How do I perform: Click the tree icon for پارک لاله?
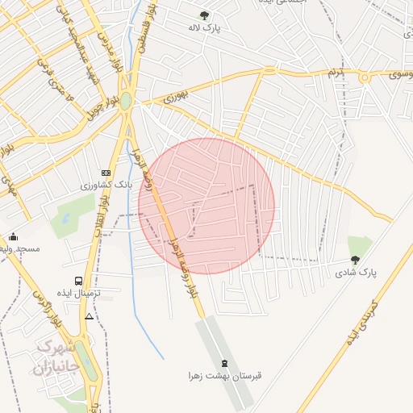point(204,15)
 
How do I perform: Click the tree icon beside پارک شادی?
point(355,260)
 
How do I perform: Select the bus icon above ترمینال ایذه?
point(78,281)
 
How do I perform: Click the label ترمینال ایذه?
point(78,293)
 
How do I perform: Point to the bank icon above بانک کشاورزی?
point(106,173)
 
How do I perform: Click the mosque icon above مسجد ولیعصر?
point(13,237)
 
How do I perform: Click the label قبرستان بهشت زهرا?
point(226,376)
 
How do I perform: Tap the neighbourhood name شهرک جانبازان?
point(54,358)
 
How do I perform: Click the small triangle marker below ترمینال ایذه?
point(89,315)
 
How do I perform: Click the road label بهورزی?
point(174,98)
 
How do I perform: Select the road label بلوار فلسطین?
point(140,36)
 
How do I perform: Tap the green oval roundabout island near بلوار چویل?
point(126,102)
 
